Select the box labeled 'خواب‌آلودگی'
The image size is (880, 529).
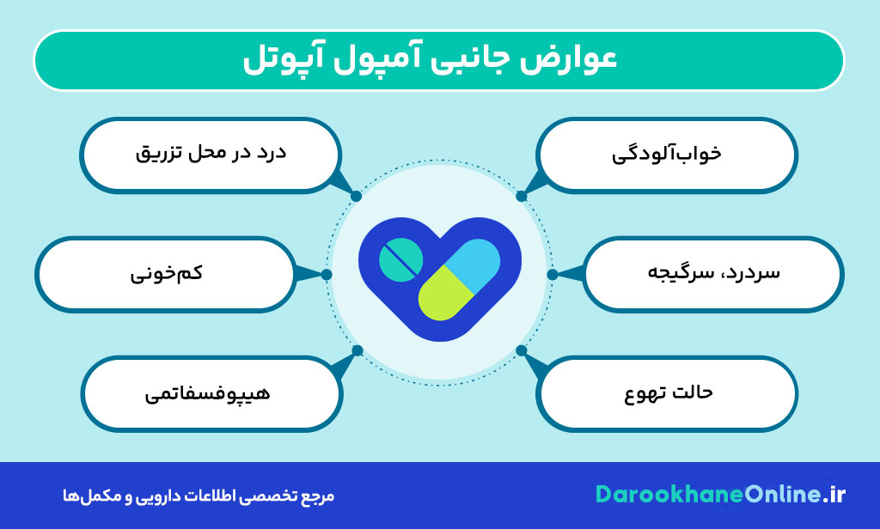tap(666, 155)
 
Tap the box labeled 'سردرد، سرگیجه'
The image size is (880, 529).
tap(713, 274)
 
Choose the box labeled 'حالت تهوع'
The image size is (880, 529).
tap(667, 393)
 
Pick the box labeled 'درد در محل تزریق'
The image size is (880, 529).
tap(211, 155)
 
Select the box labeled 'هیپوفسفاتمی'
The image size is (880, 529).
tap(211, 393)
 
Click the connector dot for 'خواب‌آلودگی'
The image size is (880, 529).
tap(522, 196)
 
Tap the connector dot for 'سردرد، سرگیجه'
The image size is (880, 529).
tap(553, 275)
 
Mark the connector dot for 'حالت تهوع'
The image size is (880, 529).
tap(522, 350)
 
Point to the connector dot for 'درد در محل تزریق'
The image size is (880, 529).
tap(356, 196)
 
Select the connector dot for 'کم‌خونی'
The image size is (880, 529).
tap(327, 275)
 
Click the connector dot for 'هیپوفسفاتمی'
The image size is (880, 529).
tap(357, 350)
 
